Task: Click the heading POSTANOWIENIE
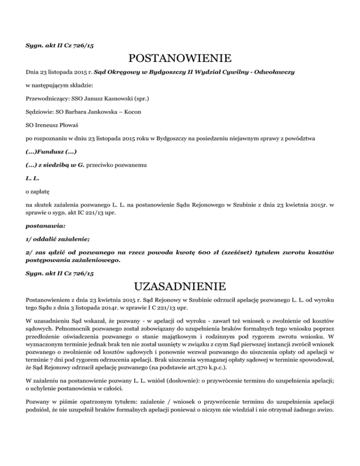(x=180, y=59)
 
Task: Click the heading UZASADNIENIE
(x=180, y=286)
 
